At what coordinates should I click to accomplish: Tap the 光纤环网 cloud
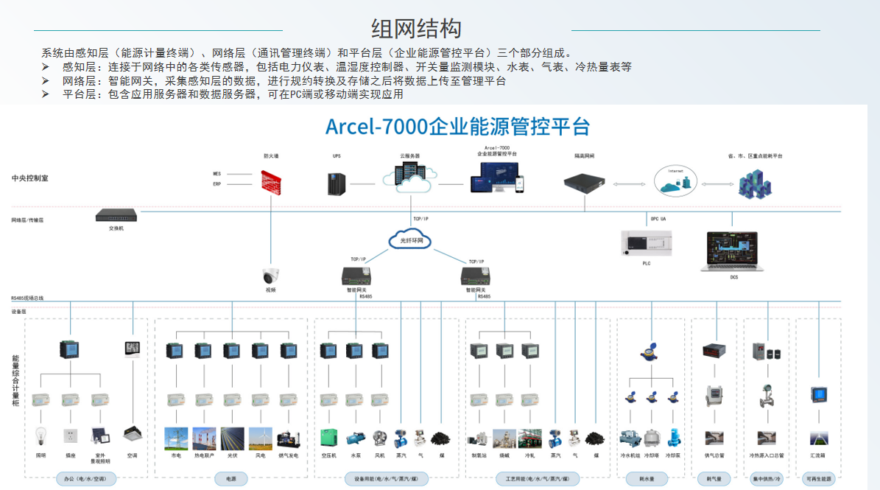click(x=410, y=240)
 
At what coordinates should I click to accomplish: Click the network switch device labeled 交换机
click(x=116, y=215)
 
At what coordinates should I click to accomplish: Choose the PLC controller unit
click(x=647, y=242)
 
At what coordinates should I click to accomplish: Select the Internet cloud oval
click(x=675, y=181)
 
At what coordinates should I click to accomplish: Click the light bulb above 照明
click(x=41, y=436)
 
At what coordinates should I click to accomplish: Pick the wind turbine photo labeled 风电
click(x=260, y=438)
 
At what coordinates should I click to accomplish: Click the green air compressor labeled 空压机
click(x=328, y=438)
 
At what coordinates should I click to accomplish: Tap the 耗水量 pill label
click(x=648, y=479)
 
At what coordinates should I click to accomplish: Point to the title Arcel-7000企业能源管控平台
click(x=457, y=127)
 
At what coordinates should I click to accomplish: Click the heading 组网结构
click(x=416, y=29)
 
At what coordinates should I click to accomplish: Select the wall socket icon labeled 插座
click(x=71, y=436)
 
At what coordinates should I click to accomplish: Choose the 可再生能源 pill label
click(x=818, y=479)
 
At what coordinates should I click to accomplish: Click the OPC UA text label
click(x=658, y=219)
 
